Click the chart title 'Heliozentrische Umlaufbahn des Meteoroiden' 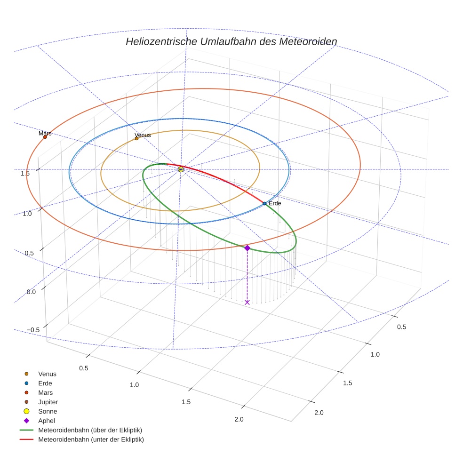coord(231,42)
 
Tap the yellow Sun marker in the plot coord(181,169)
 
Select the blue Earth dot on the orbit coord(264,203)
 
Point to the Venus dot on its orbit coord(136,138)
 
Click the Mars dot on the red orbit coord(45,137)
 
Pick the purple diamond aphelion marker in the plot coord(247,247)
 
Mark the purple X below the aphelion coord(247,302)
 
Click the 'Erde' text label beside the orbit coord(275,203)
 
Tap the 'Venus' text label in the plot coord(143,135)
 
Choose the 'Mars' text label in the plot coord(45,133)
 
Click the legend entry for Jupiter coord(48,402)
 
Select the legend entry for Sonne coord(48,411)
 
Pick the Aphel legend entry coord(47,421)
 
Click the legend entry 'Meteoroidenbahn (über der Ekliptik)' coord(90,430)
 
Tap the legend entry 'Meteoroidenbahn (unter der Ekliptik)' coord(91,439)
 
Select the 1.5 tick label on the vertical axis coord(25,173)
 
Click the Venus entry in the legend coord(47,374)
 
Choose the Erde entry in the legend coord(45,383)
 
